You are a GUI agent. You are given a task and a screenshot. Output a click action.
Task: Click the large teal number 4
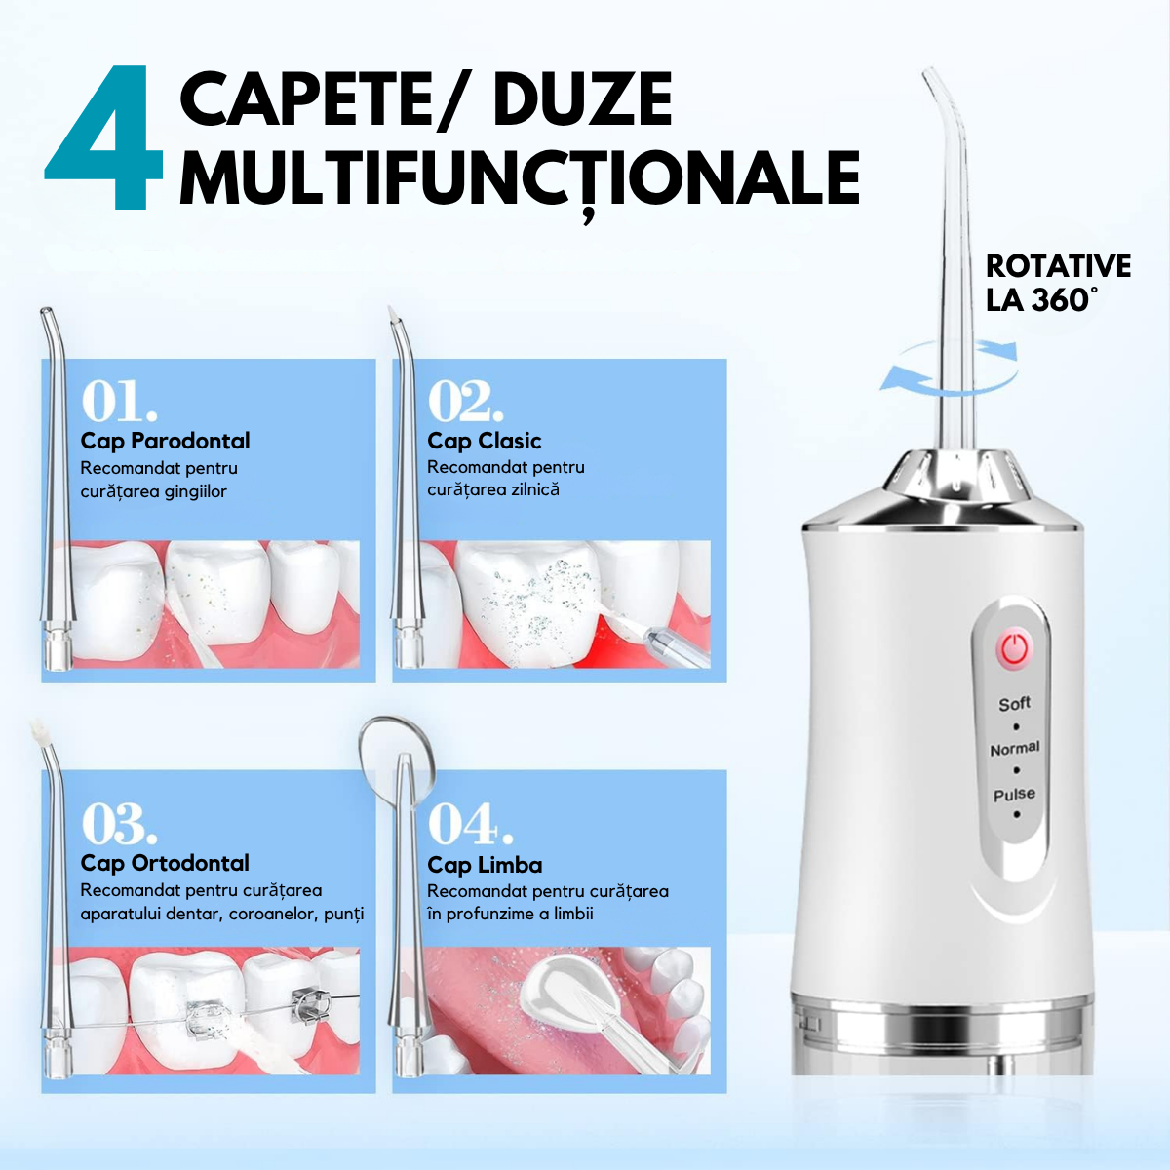point(102,141)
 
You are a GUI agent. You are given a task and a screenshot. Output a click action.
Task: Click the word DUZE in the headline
point(582,99)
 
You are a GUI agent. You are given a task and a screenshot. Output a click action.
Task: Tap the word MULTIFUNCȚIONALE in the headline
point(519,179)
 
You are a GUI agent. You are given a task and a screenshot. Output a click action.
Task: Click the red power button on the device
point(1014,648)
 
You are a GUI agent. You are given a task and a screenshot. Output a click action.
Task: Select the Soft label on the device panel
point(1014,703)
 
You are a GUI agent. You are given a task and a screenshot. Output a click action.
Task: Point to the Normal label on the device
point(1014,749)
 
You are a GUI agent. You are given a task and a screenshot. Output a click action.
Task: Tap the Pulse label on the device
point(1014,795)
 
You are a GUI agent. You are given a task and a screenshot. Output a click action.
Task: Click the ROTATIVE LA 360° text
point(1057,283)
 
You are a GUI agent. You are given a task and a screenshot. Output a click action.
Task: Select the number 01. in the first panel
point(118,400)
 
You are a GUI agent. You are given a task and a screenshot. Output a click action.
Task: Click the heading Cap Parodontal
point(165,441)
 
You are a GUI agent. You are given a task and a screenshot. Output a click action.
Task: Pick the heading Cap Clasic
point(484,441)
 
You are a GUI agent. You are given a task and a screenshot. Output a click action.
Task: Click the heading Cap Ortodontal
point(165,863)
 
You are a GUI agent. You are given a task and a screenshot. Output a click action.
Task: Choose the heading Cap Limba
point(484,865)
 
